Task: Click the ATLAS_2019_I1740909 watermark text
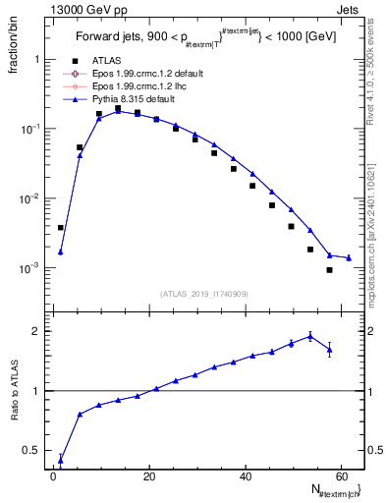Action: click(x=204, y=293)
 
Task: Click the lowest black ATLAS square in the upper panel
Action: click(x=329, y=270)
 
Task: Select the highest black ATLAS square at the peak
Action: click(x=118, y=108)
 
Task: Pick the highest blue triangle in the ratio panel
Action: click(x=309, y=336)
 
